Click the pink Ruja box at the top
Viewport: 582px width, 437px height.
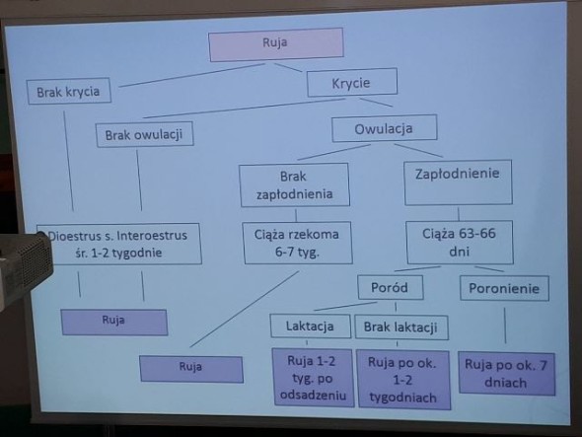[x=276, y=44]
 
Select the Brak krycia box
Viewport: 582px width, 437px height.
[x=69, y=91]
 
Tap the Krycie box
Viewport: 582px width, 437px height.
[x=352, y=83]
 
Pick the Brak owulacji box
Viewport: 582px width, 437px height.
[x=144, y=134]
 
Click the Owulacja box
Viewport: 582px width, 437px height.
[x=384, y=128]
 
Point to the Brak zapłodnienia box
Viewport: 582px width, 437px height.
[x=294, y=184]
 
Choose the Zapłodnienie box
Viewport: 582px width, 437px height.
[x=458, y=182]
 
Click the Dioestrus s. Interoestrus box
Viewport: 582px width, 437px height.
[x=118, y=244]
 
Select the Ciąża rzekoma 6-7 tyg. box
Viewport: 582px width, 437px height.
[x=297, y=243]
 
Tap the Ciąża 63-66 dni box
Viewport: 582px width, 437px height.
[x=460, y=243]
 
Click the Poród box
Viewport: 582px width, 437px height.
[x=390, y=287]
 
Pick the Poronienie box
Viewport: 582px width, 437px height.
[x=504, y=288]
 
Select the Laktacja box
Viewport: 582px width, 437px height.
[x=311, y=326]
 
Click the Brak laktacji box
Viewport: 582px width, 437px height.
[x=401, y=328]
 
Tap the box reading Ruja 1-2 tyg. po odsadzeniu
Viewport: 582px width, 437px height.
[x=313, y=378]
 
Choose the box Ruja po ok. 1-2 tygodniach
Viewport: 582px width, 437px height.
[x=403, y=380]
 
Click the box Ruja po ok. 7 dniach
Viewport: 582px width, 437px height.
[x=507, y=374]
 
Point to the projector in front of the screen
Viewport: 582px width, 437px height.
[x=25, y=268]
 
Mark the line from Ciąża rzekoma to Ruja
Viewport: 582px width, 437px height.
[x=245, y=309]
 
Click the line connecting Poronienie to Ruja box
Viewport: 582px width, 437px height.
[x=505, y=326]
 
